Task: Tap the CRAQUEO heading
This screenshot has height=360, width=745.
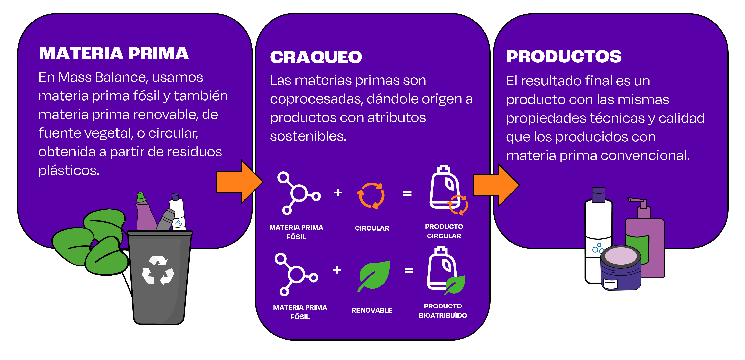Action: (316, 57)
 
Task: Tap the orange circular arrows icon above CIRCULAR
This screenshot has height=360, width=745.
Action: (371, 195)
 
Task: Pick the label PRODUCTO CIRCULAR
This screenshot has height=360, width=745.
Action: (444, 231)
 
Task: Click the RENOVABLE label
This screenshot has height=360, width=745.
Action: (372, 310)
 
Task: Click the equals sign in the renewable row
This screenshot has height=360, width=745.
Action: (409, 271)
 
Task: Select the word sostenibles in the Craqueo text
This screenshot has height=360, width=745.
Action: (308, 136)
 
